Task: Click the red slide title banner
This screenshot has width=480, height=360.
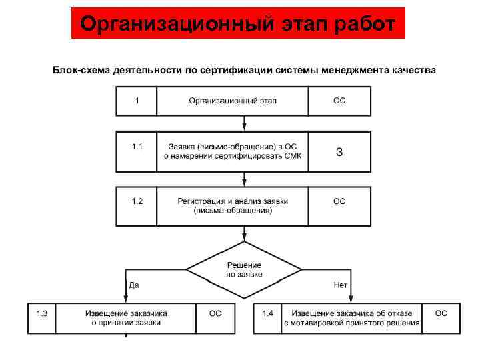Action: (238, 24)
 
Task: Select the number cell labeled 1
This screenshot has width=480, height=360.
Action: (137, 101)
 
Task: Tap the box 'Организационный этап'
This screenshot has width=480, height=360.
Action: (233, 101)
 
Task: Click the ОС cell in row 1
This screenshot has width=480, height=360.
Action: (339, 101)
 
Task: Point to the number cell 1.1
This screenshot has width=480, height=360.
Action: (137, 151)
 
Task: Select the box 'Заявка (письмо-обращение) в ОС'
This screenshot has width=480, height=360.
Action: (233, 151)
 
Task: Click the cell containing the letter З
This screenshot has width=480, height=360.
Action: (339, 151)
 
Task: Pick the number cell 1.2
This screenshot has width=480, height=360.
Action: (137, 205)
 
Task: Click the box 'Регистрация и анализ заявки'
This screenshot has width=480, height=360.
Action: (233, 205)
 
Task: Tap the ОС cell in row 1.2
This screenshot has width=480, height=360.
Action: (339, 205)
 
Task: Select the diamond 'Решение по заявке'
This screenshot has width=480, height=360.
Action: (244, 269)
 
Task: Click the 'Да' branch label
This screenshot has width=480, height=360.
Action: (133, 285)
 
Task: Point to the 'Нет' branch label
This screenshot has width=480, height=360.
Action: (340, 285)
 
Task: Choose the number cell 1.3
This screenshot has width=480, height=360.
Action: (41, 318)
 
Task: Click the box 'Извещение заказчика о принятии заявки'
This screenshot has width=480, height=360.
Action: (126, 318)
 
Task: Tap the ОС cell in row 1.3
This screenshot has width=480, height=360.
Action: (215, 318)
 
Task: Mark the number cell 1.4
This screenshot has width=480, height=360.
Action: (267, 318)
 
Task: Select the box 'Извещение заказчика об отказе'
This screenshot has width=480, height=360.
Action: (351, 318)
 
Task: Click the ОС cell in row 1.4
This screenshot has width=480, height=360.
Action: (441, 318)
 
